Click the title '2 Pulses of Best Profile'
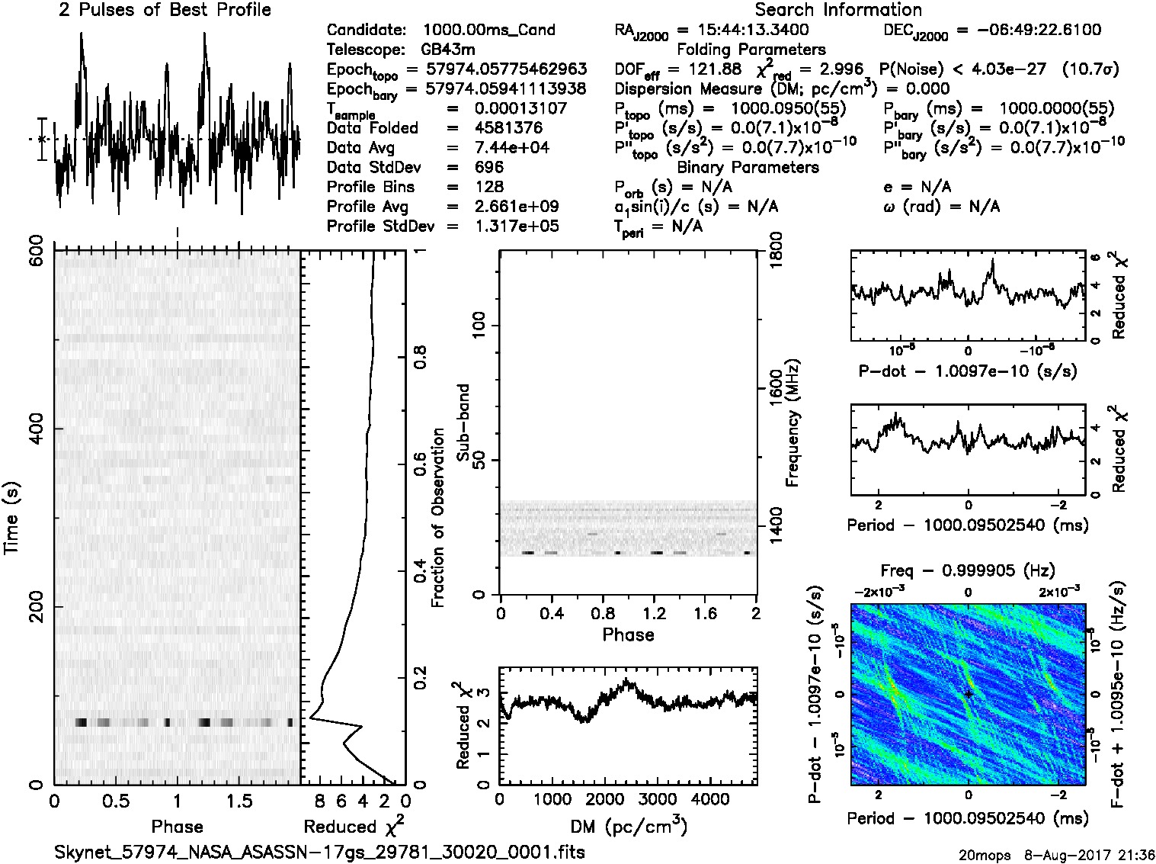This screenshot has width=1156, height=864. [165, 11]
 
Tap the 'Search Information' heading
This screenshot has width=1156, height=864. [838, 11]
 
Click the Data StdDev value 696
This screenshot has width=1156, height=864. [488, 167]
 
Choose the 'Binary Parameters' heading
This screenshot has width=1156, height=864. [748, 168]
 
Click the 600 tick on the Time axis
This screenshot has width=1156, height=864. [36, 250]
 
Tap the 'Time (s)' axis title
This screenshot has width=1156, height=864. [13, 519]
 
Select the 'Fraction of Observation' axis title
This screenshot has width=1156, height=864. [438, 518]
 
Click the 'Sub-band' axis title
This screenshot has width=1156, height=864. [463, 422]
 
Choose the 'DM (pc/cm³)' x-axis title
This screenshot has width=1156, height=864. [629, 827]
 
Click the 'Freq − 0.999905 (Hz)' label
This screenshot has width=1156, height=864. [968, 570]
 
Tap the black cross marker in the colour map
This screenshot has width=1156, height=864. [969, 694]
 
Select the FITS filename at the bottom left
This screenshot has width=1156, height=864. [319, 852]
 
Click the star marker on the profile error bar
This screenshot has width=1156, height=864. [43, 140]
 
